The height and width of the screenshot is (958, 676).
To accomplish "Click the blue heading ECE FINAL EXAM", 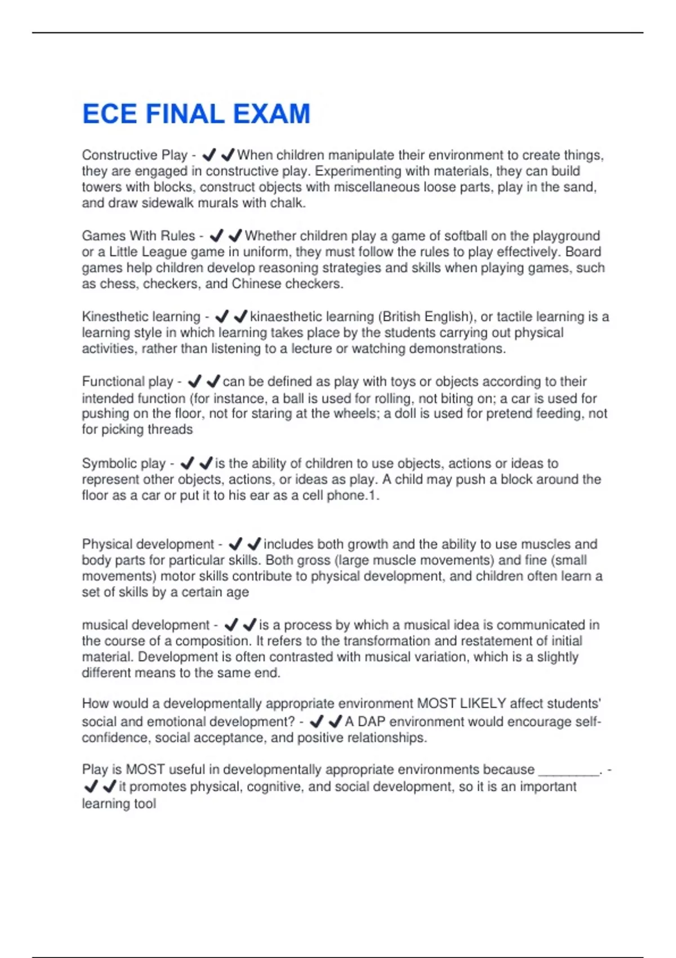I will (x=196, y=114).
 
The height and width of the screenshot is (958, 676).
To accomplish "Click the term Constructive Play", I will (x=135, y=155).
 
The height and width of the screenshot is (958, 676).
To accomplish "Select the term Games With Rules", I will (x=139, y=236).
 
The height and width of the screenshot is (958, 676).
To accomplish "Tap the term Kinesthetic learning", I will (x=141, y=317).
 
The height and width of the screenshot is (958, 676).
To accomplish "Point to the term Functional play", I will (x=127, y=382).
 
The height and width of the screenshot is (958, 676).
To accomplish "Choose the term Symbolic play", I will (x=124, y=463).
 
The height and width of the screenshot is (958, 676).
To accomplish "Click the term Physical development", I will (x=148, y=544).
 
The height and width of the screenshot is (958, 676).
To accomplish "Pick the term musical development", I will (x=146, y=625).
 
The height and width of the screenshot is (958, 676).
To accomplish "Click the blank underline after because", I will (x=569, y=771).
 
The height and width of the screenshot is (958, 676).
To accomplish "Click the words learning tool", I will (x=119, y=804).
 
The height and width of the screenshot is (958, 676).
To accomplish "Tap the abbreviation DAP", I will (x=371, y=722).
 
